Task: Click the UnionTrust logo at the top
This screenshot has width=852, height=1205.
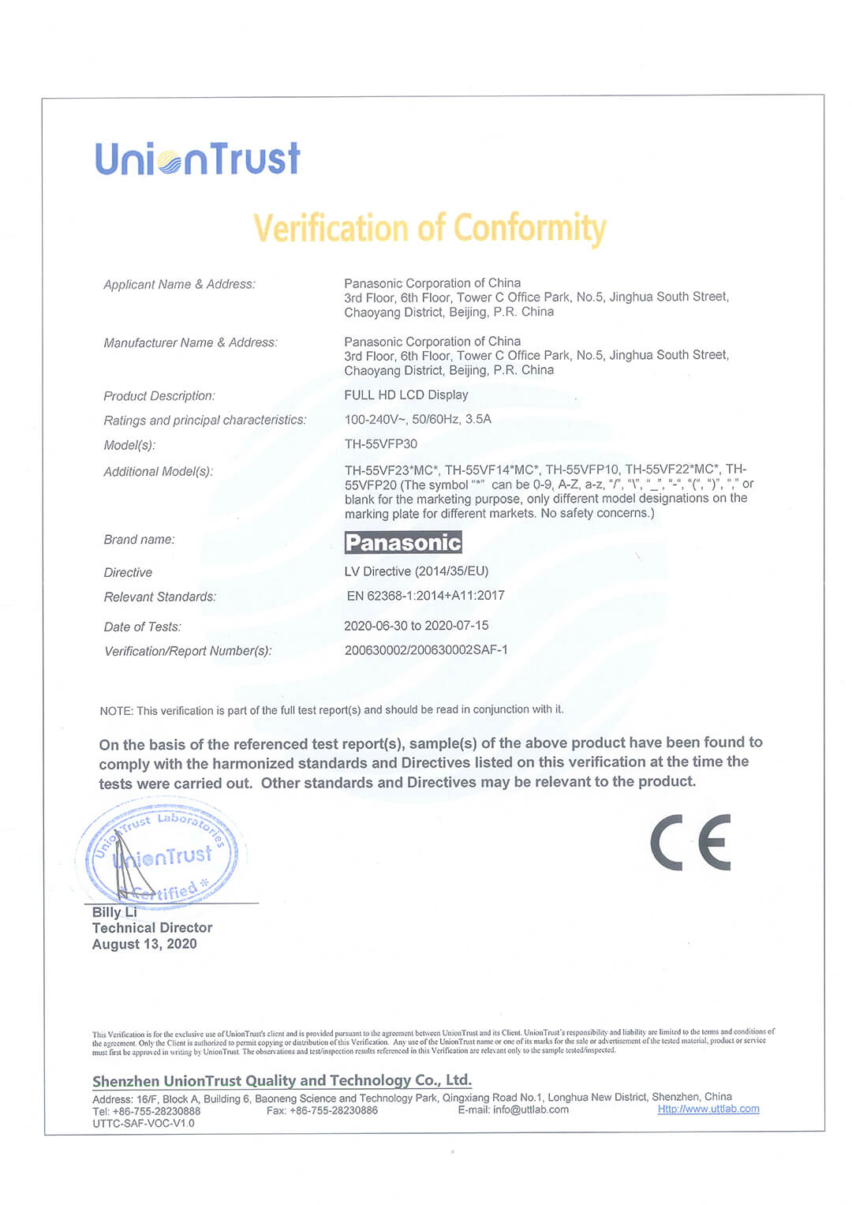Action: coord(197,159)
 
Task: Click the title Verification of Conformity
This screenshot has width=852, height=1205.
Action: coord(429,228)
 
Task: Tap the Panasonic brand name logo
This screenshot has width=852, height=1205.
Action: coord(403,542)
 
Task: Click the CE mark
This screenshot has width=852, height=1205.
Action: coord(690,842)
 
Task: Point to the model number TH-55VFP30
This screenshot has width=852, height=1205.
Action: coord(381,443)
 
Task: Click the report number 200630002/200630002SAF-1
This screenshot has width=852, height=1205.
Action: coord(426,650)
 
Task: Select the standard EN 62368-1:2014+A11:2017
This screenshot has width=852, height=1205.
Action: coord(425,596)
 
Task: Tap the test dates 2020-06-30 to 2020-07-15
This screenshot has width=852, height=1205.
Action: coord(416,626)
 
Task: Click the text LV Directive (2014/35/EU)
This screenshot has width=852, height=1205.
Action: coord(416,571)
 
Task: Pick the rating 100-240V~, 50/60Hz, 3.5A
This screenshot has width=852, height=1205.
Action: coord(417,419)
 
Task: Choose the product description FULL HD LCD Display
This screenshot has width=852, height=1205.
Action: coord(406,395)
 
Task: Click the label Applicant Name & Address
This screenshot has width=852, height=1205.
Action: coord(179,284)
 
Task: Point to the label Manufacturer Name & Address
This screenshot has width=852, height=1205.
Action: coord(190,342)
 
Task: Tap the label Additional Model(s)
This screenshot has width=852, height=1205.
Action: coord(158,471)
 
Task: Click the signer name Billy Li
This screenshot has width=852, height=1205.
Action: coord(114,912)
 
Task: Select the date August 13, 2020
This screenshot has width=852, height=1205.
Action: coord(144,944)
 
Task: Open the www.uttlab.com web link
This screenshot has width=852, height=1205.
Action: coord(708,1109)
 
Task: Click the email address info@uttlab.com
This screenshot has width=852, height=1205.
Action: coord(531,1110)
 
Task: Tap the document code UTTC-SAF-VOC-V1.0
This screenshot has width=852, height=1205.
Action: coord(143,1123)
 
